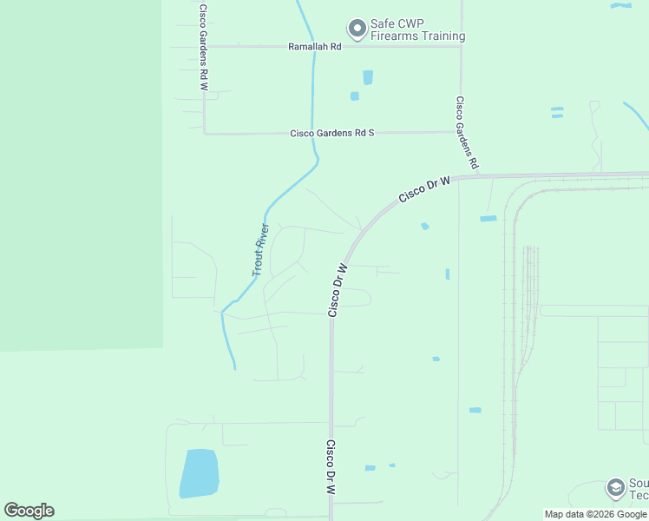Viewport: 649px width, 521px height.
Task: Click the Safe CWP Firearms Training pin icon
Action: [357, 29]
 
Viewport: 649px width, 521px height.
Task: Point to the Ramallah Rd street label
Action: [315, 47]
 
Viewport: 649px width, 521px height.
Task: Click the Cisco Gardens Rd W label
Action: [203, 48]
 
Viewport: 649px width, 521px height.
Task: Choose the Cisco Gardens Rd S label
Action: [331, 133]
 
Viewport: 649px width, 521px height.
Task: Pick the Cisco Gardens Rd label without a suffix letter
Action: [468, 132]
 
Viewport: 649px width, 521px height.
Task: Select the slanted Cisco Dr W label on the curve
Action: [425, 189]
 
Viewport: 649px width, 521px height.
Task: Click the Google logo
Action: [29, 511]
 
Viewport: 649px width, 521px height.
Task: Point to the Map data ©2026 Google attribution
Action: [595, 514]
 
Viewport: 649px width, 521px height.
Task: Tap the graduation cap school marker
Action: [615, 487]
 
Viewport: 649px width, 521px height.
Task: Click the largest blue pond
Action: [199, 473]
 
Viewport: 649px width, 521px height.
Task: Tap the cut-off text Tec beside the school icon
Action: [639, 495]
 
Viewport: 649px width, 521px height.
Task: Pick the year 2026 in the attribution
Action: [598, 514]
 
